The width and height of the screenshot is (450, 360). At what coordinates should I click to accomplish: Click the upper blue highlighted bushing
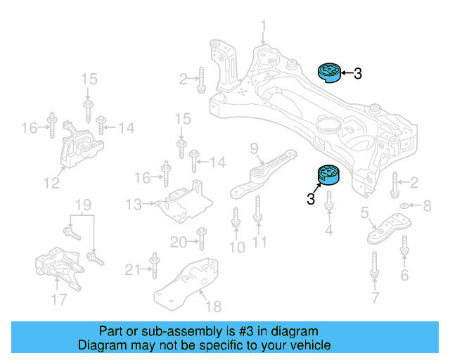point(328,71)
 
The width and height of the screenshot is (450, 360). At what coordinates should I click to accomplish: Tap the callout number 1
point(264,27)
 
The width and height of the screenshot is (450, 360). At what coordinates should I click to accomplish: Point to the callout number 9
point(254,148)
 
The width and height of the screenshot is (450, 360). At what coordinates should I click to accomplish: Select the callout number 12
point(51,184)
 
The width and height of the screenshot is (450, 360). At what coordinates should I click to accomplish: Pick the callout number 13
point(134,204)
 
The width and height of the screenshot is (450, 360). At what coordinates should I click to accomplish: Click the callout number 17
point(58,300)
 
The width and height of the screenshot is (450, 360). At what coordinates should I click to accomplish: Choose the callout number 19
point(84,205)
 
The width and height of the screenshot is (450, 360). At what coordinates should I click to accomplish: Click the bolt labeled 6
point(404,247)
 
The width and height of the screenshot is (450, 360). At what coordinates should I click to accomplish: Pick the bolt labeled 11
point(258,211)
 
